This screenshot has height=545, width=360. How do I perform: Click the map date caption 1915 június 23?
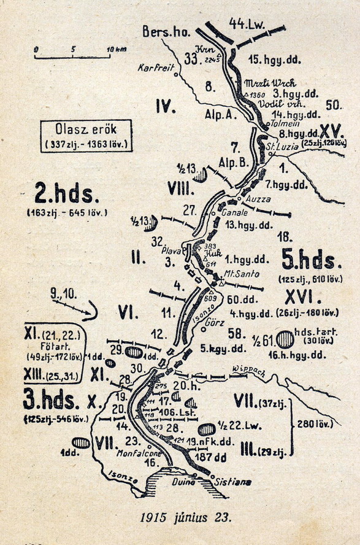(186, 517)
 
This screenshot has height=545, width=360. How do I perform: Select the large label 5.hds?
(308, 260)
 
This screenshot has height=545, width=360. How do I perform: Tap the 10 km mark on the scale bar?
(110, 48)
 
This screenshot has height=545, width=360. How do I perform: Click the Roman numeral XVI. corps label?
(299, 298)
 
